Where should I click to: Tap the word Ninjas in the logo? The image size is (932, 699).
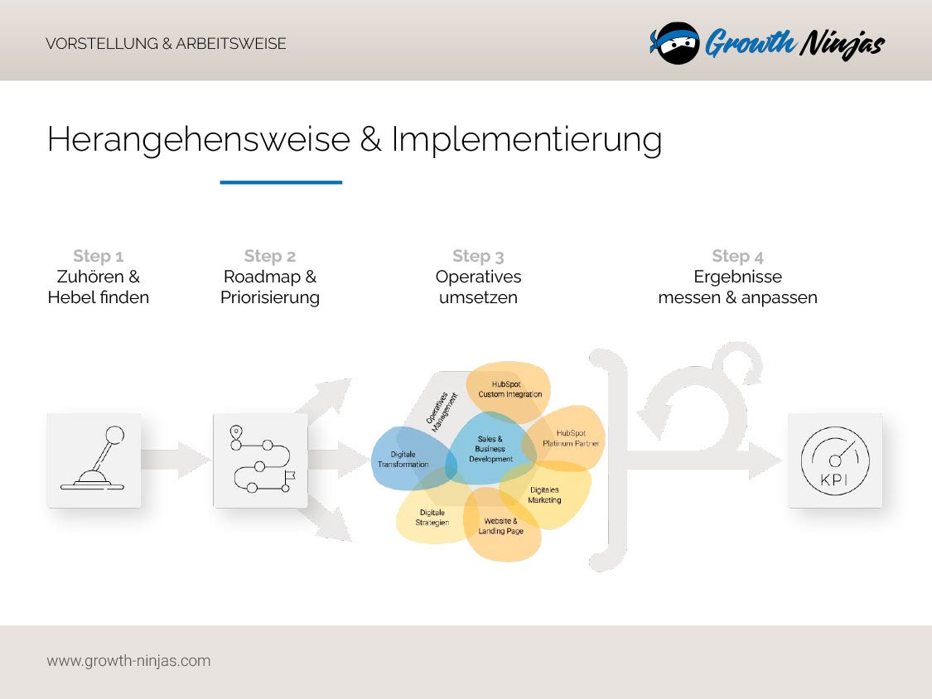(841, 43)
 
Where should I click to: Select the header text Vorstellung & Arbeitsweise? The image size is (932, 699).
(166, 44)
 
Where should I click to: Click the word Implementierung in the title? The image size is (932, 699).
(526, 139)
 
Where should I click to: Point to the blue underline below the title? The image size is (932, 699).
(281, 182)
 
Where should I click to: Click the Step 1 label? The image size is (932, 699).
(98, 256)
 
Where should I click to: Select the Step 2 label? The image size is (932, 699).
(269, 256)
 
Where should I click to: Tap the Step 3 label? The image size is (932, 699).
(478, 256)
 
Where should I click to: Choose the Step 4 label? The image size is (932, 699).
(737, 256)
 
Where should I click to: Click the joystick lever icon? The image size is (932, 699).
(94, 460)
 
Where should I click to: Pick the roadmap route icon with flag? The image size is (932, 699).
(260, 460)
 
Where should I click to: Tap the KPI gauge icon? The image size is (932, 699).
(835, 460)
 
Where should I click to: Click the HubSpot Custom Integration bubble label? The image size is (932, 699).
(509, 389)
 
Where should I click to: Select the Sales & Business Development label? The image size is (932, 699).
(490, 449)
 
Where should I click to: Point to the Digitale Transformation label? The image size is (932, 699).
(403, 459)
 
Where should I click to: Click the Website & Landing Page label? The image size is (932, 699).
(500, 526)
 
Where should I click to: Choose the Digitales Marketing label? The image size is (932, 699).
(544, 494)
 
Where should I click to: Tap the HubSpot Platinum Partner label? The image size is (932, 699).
(571, 438)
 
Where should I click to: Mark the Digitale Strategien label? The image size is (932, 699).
(432, 518)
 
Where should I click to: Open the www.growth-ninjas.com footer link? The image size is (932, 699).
(128, 661)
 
